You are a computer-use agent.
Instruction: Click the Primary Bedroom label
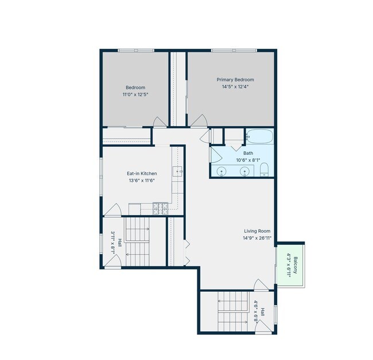tap(235, 80)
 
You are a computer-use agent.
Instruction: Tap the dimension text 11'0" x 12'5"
tap(135, 95)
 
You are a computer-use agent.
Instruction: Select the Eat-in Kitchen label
tap(142, 174)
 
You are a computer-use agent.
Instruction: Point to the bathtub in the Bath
tap(259, 136)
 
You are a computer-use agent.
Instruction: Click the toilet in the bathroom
tap(264, 170)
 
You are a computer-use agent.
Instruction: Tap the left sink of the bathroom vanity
tap(222, 171)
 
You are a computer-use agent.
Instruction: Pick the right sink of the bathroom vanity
tap(244, 171)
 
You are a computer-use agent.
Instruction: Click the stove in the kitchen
tap(161, 209)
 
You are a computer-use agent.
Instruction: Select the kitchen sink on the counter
tap(177, 171)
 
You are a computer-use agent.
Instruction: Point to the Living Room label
tap(257, 231)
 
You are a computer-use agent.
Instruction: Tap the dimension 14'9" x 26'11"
tap(257, 238)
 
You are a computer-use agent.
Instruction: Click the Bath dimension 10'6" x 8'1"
tap(248, 160)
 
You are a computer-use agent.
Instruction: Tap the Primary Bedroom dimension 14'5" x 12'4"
tap(235, 87)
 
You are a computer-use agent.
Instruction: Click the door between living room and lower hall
tap(261, 285)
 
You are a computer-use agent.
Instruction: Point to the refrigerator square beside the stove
tap(135, 209)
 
